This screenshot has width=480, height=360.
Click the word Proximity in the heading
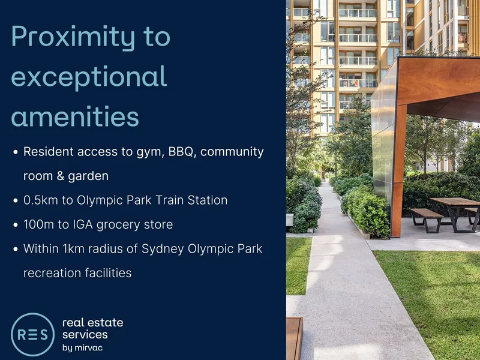pos(73,37)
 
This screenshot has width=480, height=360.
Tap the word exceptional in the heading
pos(89,77)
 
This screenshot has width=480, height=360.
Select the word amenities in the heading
pos(75,116)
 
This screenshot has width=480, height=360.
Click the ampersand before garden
pos(61,176)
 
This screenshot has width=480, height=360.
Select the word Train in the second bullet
pos(170,200)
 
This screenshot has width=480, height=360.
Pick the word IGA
pos(83,224)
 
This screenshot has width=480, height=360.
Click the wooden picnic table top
pos(455,202)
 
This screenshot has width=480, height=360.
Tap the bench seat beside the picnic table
pos(426,212)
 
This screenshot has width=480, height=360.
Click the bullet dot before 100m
pos(16,225)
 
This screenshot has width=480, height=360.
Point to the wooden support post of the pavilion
pos(398,172)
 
